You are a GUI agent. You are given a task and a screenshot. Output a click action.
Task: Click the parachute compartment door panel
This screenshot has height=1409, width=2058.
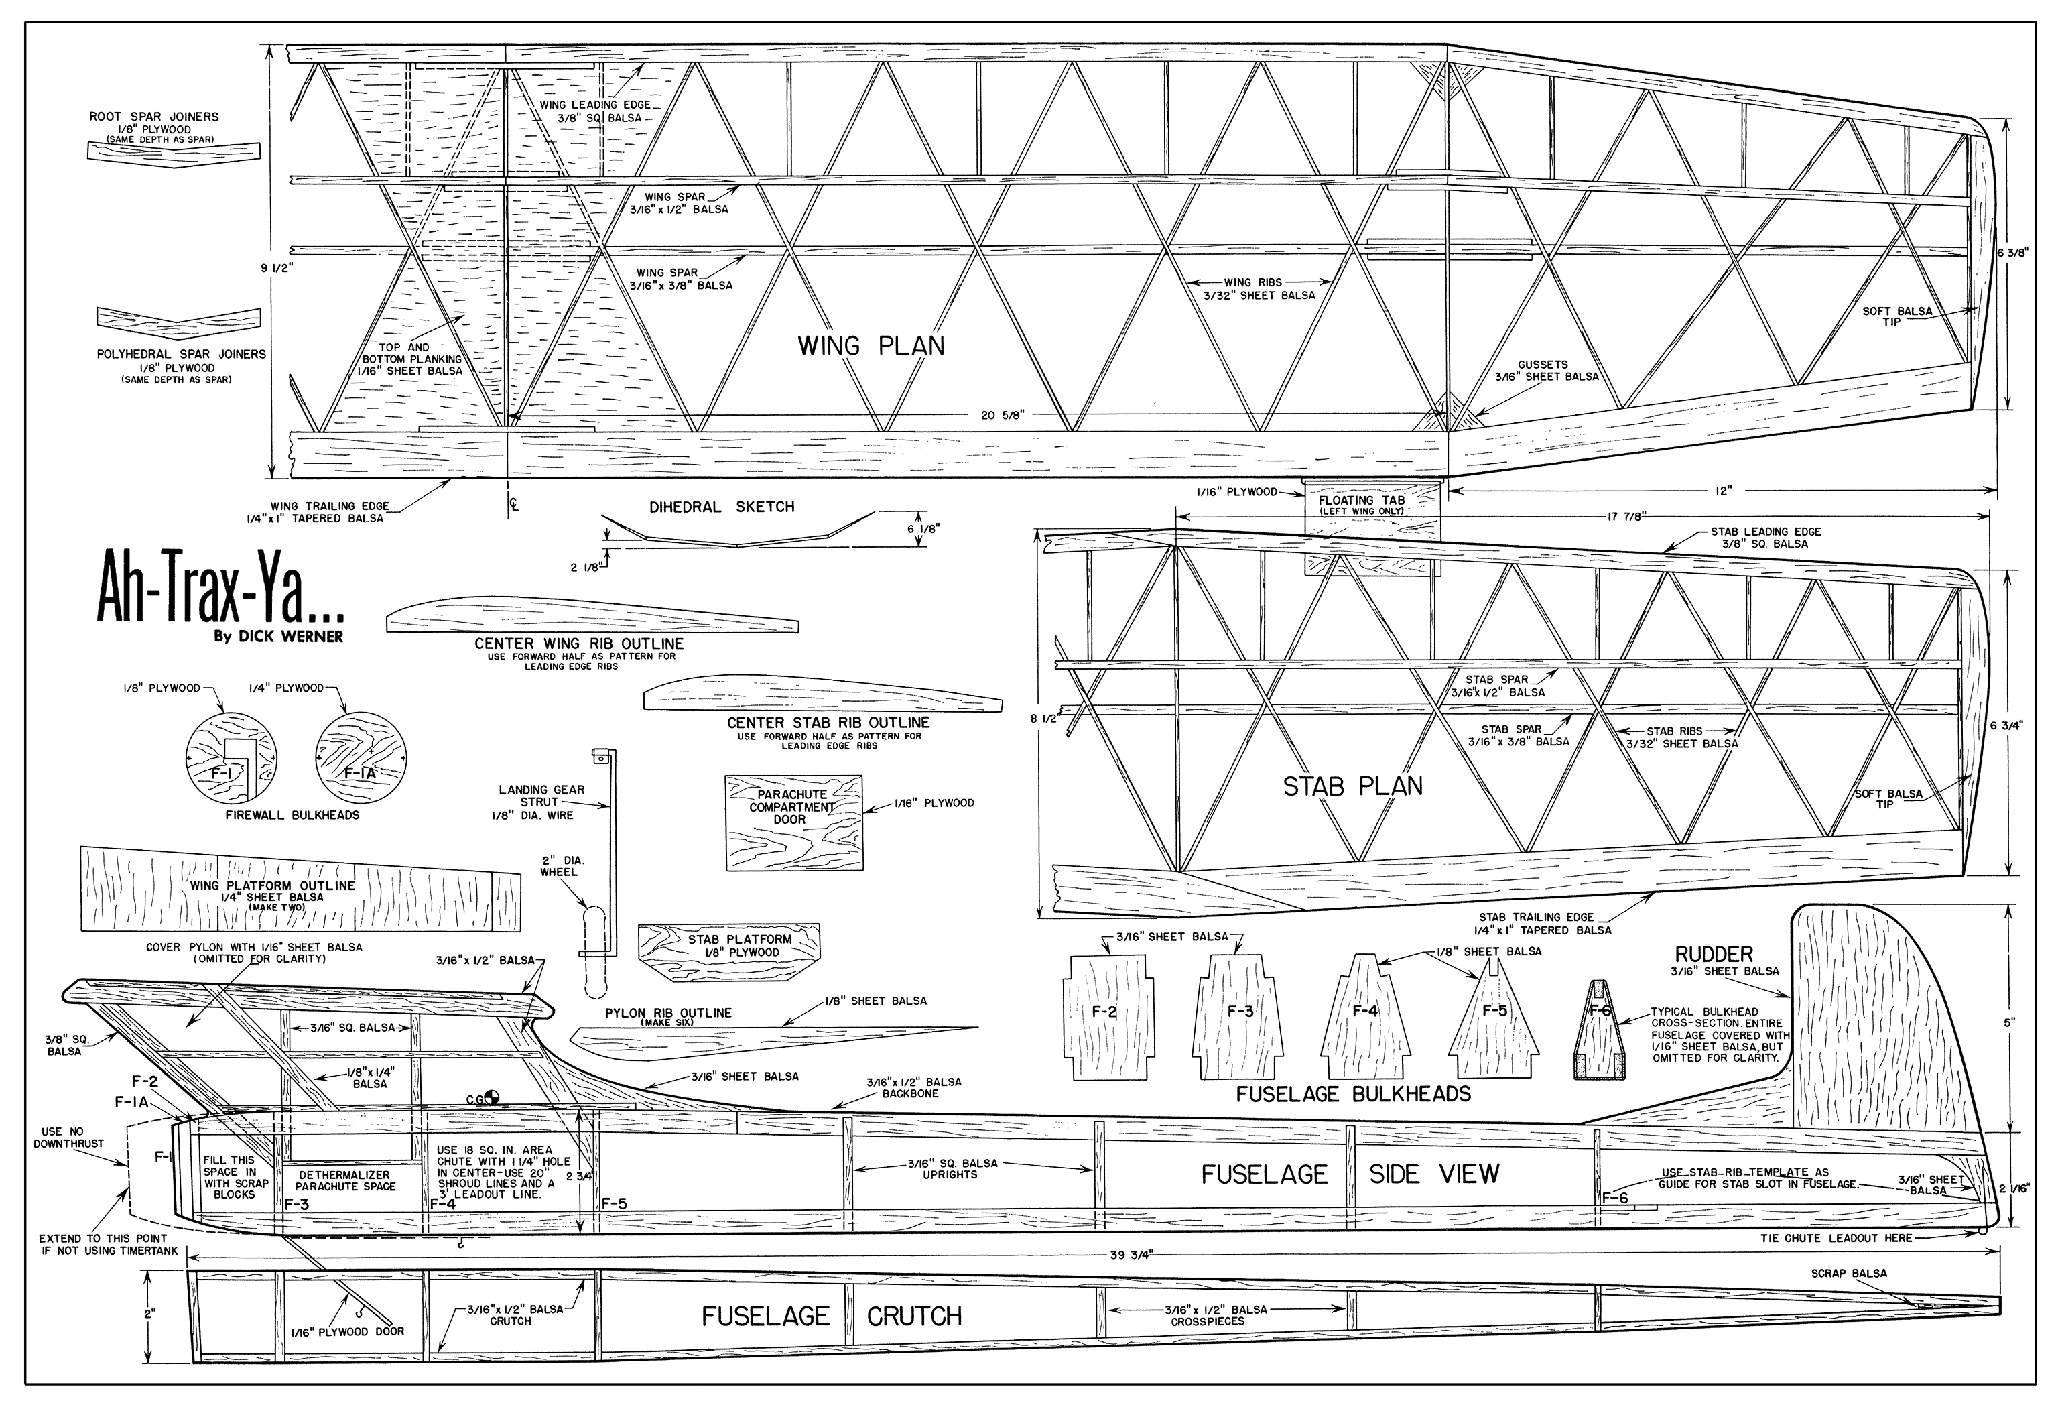pyautogui.click(x=793, y=822)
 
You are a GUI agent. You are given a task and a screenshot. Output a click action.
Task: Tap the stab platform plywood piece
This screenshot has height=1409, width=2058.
pyautogui.click(x=728, y=949)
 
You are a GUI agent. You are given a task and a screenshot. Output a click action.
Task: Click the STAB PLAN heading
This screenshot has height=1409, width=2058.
pyautogui.click(x=1352, y=786)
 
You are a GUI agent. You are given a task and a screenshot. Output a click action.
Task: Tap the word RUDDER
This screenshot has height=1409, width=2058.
pyautogui.click(x=1714, y=954)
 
